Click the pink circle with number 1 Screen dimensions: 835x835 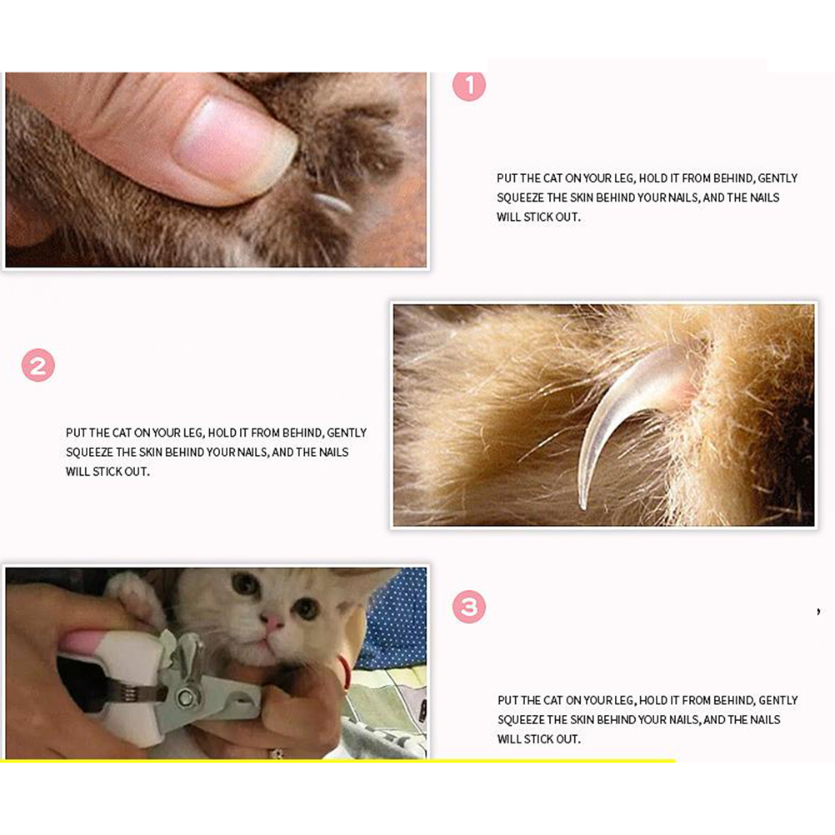[468, 85]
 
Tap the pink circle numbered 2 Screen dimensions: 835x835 [37, 365]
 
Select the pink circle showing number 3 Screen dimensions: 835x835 [468, 607]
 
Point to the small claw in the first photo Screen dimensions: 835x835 [331, 203]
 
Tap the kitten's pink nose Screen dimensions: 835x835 [272, 621]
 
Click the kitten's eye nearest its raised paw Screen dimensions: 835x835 [246, 583]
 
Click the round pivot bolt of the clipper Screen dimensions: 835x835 [186, 697]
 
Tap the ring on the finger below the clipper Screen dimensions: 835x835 [276, 753]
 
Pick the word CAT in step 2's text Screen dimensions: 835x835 [122, 433]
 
